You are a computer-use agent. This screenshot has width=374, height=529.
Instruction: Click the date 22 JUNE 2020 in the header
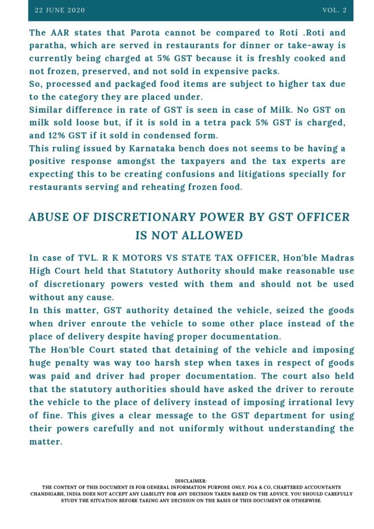pyautogui.click(x=59, y=10)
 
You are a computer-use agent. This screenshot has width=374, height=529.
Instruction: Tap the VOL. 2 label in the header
pyautogui.click(x=334, y=10)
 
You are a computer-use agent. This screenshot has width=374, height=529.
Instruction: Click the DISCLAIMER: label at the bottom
pyautogui.click(x=191, y=481)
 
